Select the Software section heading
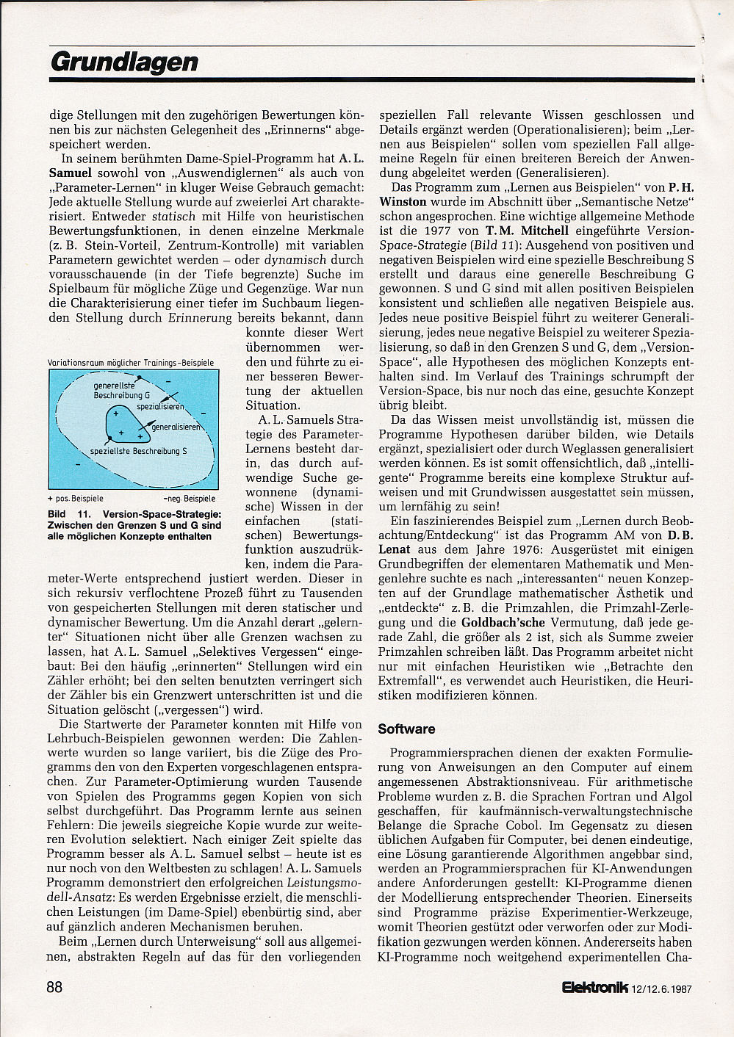[x=406, y=729]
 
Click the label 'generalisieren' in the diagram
[x=176, y=426]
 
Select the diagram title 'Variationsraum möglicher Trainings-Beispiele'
[x=131, y=363]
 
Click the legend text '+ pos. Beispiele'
[x=76, y=498]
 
